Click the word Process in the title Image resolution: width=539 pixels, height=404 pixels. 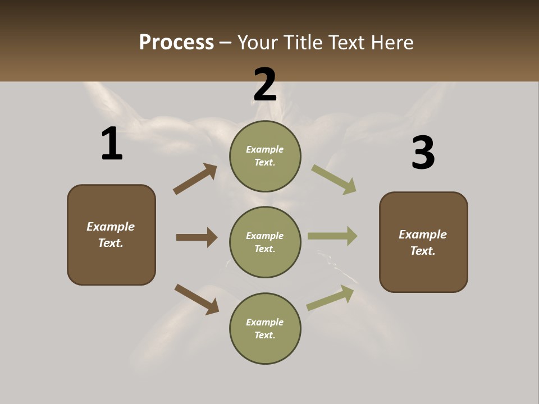click(x=176, y=43)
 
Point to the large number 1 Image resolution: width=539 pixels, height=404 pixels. click(x=112, y=144)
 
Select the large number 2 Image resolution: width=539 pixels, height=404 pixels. click(x=265, y=85)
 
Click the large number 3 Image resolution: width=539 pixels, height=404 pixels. click(x=423, y=153)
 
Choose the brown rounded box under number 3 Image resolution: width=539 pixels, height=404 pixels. click(x=423, y=272)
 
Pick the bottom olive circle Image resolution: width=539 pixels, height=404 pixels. click(x=265, y=351)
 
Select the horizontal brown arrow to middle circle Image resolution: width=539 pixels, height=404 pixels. click(x=197, y=237)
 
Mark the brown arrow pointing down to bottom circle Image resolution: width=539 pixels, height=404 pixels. click(x=197, y=299)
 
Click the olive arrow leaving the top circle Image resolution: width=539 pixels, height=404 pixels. click(x=334, y=180)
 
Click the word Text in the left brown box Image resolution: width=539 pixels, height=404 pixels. click(x=110, y=243)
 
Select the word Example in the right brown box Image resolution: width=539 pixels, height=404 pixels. click(x=423, y=235)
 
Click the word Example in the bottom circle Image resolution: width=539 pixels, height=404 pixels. click(x=265, y=322)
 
